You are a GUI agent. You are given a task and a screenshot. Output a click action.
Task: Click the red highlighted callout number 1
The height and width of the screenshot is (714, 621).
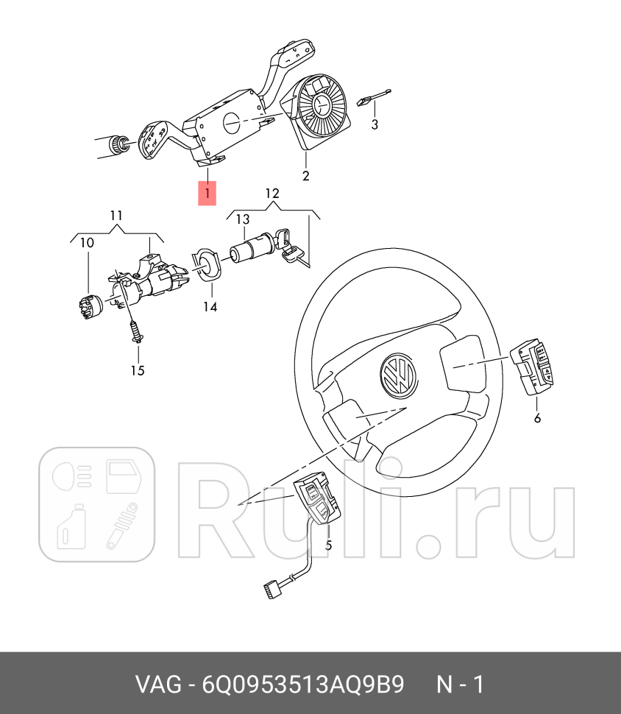click(x=207, y=194)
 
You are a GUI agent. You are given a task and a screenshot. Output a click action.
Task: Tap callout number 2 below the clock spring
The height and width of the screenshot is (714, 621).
click(x=305, y=176)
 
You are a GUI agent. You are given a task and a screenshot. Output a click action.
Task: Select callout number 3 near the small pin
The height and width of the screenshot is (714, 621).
click(x=375, y=124)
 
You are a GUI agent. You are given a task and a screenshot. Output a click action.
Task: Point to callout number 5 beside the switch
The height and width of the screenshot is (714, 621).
click(x=329, y=545)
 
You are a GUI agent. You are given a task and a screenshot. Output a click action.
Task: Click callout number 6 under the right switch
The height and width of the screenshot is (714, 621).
click(x=537, y=418)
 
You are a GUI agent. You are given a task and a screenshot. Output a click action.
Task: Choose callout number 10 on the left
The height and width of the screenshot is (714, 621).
click(x=87, y=242)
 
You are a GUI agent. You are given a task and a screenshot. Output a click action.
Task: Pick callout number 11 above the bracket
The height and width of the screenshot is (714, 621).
click(x=116, y=216)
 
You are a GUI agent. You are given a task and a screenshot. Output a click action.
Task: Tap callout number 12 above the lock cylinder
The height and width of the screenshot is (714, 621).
click(x=272, y=194)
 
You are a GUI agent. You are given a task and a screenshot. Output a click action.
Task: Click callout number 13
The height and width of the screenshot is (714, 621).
click(x=242, y=219)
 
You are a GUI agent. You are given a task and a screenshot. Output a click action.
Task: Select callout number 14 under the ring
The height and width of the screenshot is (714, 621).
click(x=210, y=306)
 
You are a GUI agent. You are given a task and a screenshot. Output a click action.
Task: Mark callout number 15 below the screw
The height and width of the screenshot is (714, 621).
click(x=138, y=370)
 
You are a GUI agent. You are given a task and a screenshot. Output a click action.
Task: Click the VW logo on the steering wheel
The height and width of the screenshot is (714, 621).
click(x=398, y=377)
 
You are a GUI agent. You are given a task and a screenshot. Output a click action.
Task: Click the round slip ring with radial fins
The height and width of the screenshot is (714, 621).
click(x=322, y=107)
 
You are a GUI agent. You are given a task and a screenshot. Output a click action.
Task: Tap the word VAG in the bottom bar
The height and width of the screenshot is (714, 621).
click(x=157, y=685)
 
